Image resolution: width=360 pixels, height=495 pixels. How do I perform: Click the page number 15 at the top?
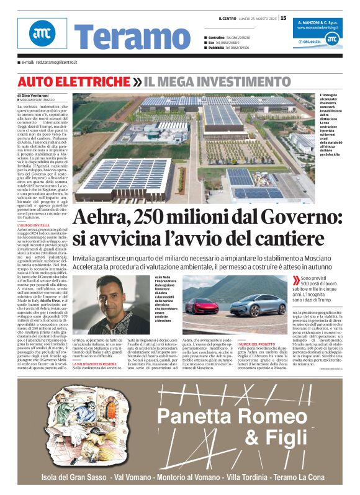point(284,18)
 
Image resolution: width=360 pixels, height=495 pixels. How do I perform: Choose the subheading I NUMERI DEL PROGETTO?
point(254,343)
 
